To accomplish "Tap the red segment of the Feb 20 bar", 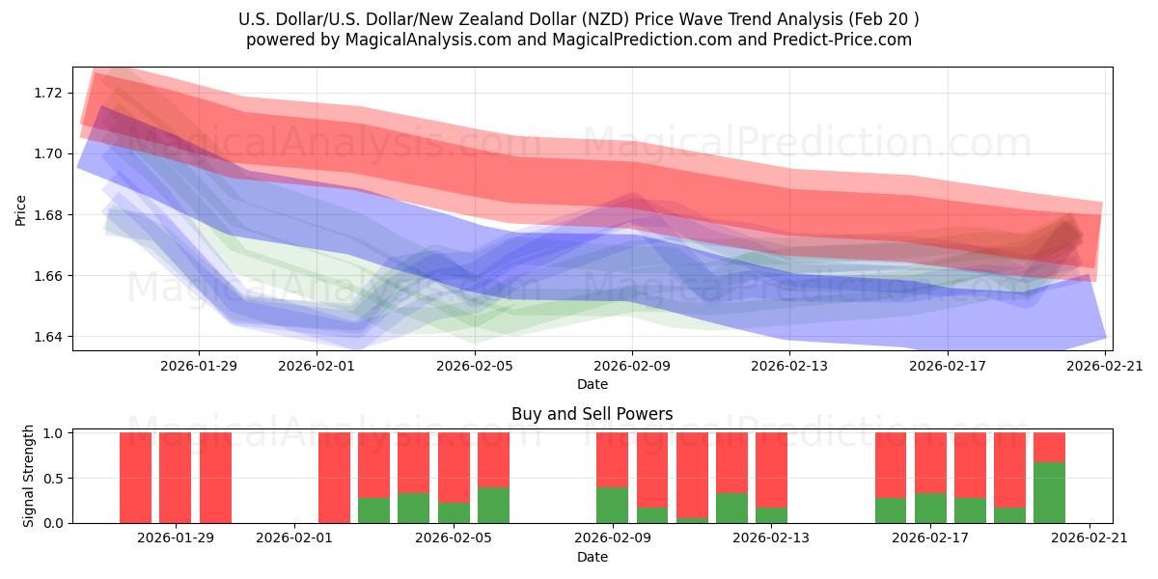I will click(1049, 447).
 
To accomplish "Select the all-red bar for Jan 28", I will click(136, 478).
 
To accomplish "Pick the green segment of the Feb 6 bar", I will click(493, 505).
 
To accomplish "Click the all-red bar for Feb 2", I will click(334, 478).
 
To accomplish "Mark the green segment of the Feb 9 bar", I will click(612, 505).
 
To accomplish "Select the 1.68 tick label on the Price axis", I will click(47, 215).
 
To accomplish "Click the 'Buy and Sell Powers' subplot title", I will click(592, 414).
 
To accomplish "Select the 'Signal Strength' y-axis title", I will click(29, 476).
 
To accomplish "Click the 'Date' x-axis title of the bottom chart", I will click(592, 557).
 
